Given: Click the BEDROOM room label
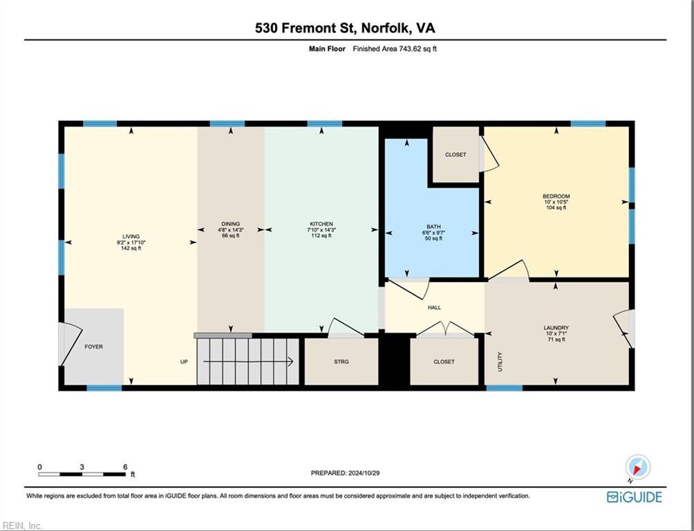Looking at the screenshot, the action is point(556,196).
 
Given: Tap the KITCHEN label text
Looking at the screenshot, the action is point(321,224).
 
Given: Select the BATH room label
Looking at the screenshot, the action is point(434,227).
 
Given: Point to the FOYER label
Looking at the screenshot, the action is point(94,347).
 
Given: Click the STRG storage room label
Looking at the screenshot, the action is point(341,362).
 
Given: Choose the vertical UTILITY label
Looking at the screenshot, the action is point(500,362).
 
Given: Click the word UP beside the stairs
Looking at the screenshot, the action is point(184,362).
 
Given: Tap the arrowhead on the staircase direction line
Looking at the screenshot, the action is point(290,362).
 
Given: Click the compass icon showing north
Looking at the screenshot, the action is point(638,467).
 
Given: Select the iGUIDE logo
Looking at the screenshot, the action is point(635,497).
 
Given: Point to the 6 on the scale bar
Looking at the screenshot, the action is point(125,467).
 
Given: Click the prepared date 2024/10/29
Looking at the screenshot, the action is point(364,473).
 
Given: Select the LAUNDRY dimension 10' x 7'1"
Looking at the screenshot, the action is point(556,333).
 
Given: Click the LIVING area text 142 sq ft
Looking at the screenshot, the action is point(131,248).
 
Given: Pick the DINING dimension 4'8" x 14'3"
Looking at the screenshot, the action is point(231,230).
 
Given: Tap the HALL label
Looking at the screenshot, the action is point(434,308).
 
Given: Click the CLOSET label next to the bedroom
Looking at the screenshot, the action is point(456,155).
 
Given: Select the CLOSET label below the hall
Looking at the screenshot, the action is point(444,362).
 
